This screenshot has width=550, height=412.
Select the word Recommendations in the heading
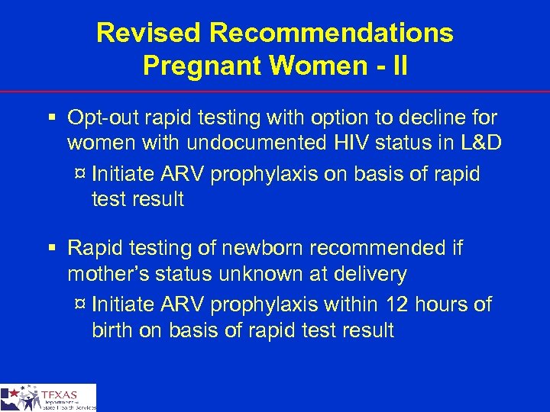pos(332,33)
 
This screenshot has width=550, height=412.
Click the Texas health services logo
pos(48,398)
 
